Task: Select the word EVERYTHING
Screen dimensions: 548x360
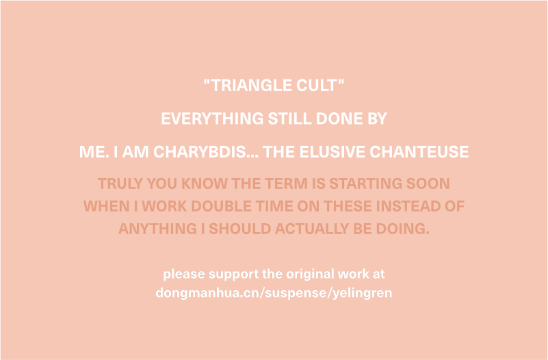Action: click(x=212, y=118)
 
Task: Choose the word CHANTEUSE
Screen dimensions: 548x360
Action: click(x=419, y=152)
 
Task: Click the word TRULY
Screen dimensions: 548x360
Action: click(x=120, y=183)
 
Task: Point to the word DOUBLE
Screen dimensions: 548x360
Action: click(x=221, y=206)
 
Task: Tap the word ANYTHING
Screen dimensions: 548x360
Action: click(x=157, y=229)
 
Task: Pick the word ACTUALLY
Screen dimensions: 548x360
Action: click(x=312, y=229)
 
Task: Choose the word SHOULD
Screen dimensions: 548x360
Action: click(x=239, y=229)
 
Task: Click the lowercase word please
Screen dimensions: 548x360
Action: click(x=184, y=274)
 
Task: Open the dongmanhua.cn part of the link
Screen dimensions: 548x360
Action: click(x=207, y=292)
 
